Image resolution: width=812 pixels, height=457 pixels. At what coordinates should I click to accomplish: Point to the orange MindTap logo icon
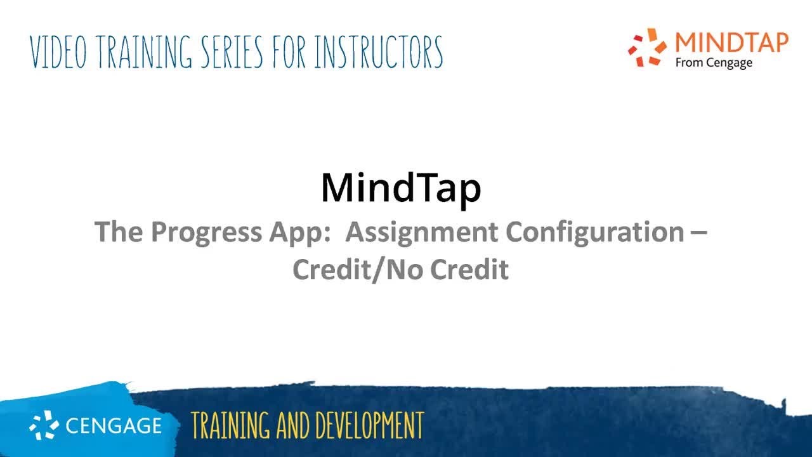[648, 47]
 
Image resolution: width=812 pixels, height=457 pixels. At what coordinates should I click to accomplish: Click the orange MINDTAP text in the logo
[731, 43]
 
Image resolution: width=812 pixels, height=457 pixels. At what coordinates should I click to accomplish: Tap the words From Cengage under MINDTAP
[714, 63]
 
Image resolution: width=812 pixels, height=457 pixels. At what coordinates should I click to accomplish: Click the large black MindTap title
[401, 188]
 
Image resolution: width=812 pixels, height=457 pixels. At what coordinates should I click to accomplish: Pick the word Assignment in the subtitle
[422, 232]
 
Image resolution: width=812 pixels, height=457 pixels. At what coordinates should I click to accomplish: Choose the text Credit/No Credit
[400, 270]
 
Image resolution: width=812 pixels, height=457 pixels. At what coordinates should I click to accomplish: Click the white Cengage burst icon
[44, 425]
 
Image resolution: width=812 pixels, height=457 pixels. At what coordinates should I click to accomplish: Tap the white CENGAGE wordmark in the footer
[114, 426]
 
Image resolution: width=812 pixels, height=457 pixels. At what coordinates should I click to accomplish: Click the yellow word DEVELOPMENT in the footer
[368, 425]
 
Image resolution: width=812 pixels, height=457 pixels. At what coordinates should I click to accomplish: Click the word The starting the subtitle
[119, 232]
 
